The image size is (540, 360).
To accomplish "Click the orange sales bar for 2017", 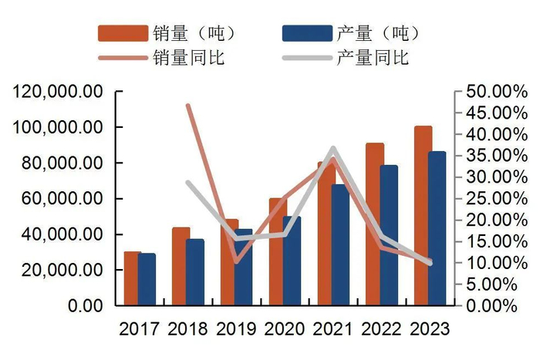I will click(131, 278).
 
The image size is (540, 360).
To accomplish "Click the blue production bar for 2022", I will click(390, 235).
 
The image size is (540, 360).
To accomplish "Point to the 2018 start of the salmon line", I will click(188, 106).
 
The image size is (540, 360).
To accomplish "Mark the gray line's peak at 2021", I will click(333, 148).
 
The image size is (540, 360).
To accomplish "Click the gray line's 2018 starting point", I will click(188, 183).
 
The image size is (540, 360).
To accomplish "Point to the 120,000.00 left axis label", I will click(58, 92).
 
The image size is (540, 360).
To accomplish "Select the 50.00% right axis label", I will click(489, 92).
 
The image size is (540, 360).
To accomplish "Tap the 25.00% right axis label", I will click(489, 199).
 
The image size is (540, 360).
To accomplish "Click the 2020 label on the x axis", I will click(285, 329).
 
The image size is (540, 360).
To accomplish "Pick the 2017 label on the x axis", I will click(140, 329).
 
